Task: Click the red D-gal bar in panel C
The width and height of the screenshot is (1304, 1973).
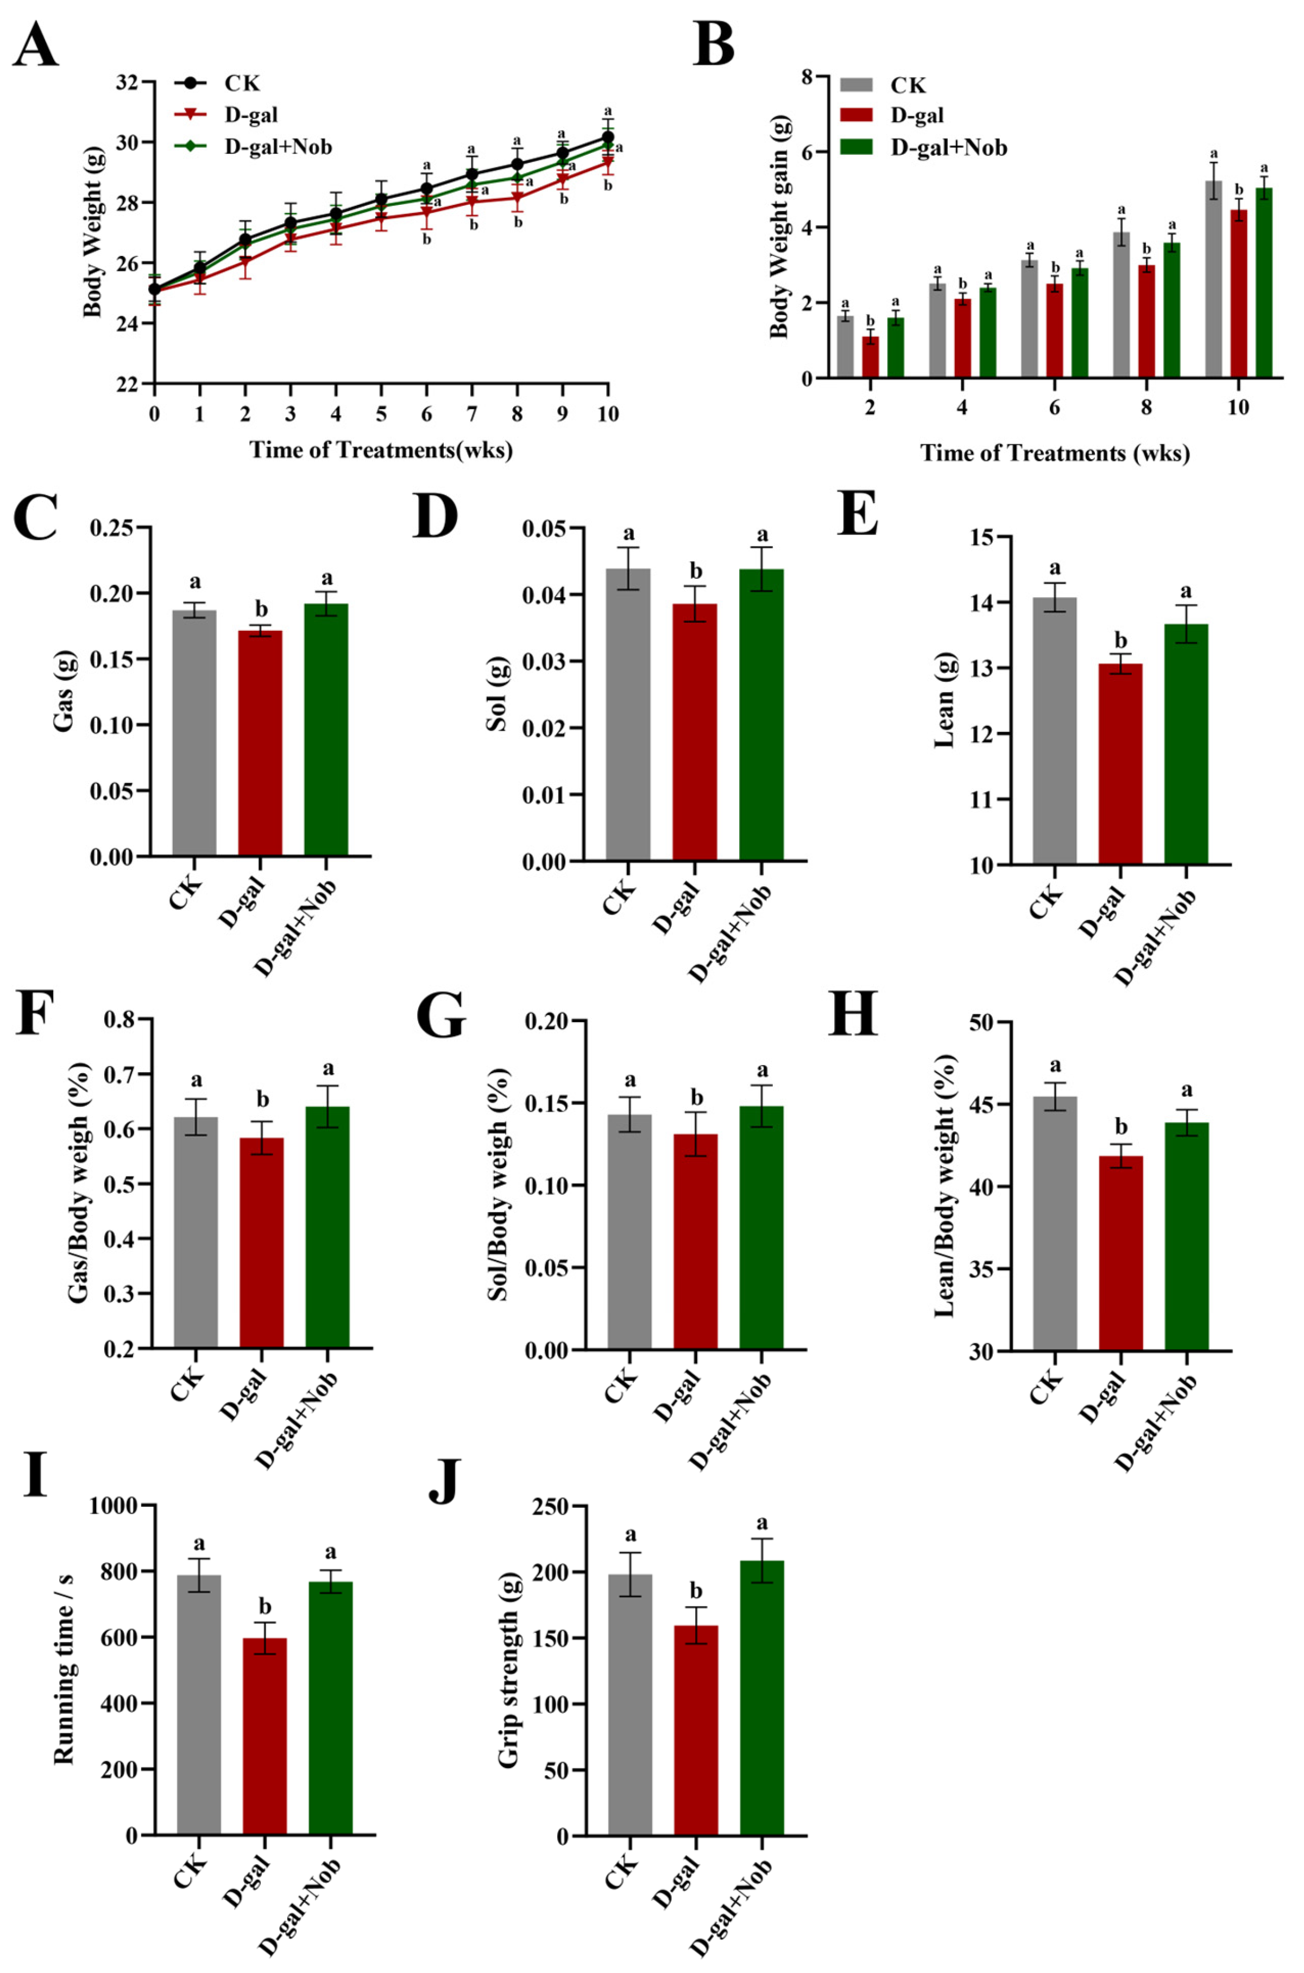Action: click(260, 743)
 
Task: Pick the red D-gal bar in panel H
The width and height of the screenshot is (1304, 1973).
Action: click(1120, 1252)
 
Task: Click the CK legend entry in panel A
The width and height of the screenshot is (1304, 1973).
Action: click(219, 83)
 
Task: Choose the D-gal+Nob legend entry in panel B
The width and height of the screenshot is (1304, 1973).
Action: click(925, 148)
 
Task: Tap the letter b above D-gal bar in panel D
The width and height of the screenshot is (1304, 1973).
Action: click(696, 572)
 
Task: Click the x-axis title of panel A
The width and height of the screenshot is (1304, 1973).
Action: click(381, 450)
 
